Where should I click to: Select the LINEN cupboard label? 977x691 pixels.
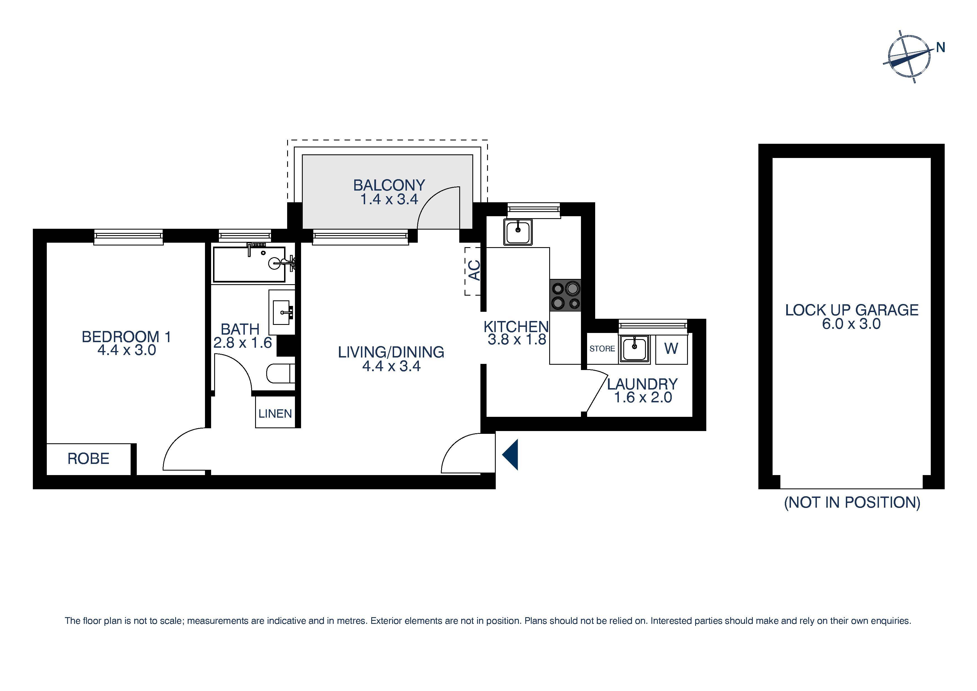[275, 413]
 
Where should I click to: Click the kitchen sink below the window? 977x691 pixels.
[518, 232]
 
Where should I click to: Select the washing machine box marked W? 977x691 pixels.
[671, 349]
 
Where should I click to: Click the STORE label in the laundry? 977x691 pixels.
[602, 349]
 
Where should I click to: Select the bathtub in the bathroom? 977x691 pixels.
[249, 264]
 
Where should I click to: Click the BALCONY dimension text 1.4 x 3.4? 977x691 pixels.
[389, 199]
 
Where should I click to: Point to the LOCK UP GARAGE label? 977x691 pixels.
[851, 310]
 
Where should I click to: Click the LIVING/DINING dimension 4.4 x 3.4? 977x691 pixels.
[391, 366]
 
